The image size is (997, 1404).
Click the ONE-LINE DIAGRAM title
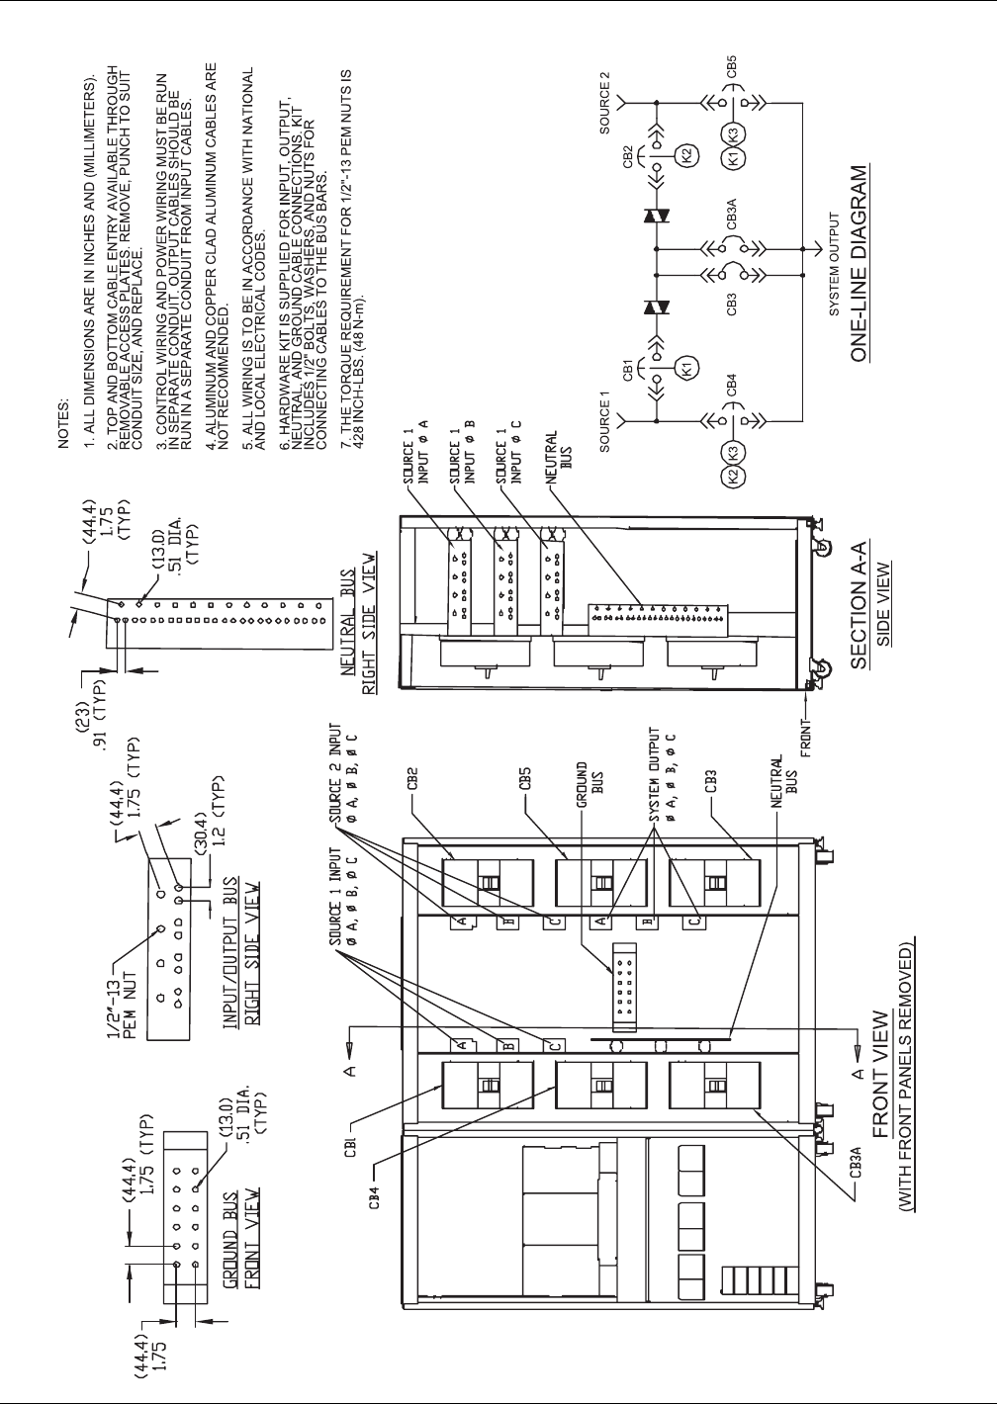coord(860,262)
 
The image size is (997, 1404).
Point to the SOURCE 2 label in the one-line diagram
coord(604,104)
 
